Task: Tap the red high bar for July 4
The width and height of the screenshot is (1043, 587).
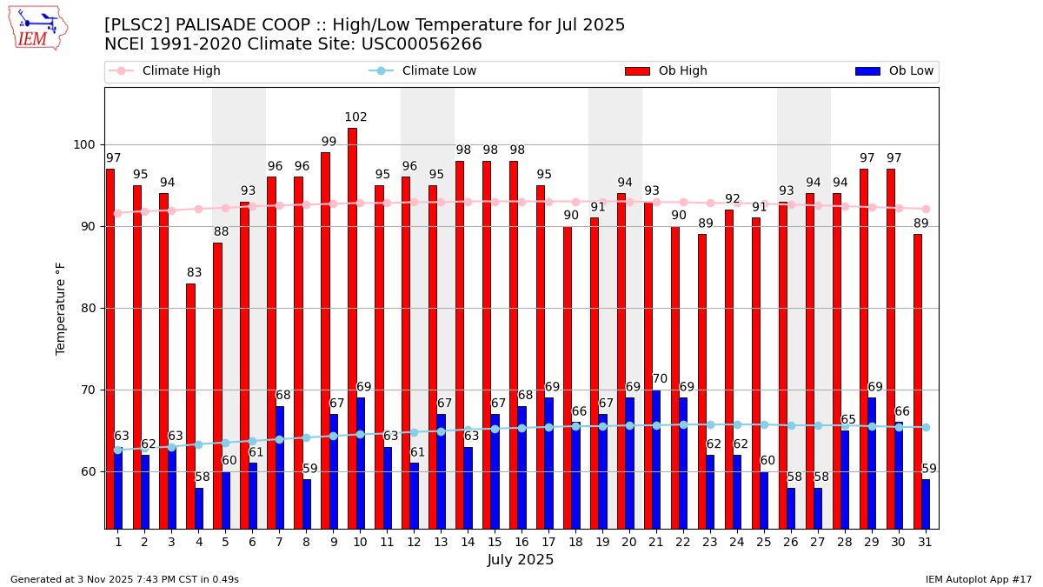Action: coord(190,405)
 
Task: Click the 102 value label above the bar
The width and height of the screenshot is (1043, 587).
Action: coord(355,117)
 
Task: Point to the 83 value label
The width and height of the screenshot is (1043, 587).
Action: coord(194,273)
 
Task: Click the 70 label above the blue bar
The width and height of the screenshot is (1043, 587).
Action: coord(660,379)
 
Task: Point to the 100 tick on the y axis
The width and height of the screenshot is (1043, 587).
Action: coord(88,144)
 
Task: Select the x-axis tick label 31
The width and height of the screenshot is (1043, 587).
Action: coord(925,541)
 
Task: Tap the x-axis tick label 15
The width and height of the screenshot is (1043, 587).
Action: coord(495,541)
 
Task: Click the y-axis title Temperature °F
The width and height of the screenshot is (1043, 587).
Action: coord(61,308)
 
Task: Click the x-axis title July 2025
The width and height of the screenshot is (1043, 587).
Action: coord(521,560)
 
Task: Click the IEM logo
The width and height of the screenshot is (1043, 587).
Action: coord(37,28)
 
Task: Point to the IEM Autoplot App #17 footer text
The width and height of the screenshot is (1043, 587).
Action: coord(979,579)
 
